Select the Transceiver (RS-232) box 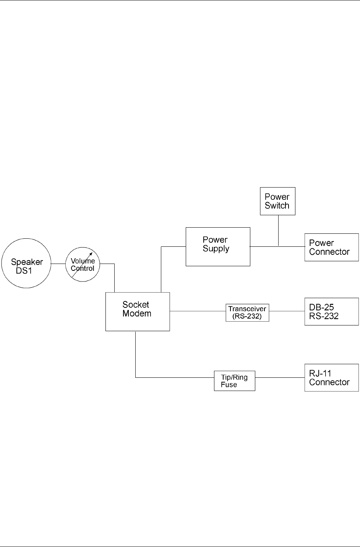pyautogui.click(x=247, y=312)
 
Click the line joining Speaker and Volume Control pyautogui.click(x=58, y=264)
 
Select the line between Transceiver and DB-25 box pyautogui.click(x=287, y=311)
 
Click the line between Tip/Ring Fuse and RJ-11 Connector pyautogui.click(x=279, y=378)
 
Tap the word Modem pyautogui.click(x=137, y=314)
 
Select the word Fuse pyautogui.click(x=229, y=385)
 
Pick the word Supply pyautogui.click(x=216, y=249)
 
